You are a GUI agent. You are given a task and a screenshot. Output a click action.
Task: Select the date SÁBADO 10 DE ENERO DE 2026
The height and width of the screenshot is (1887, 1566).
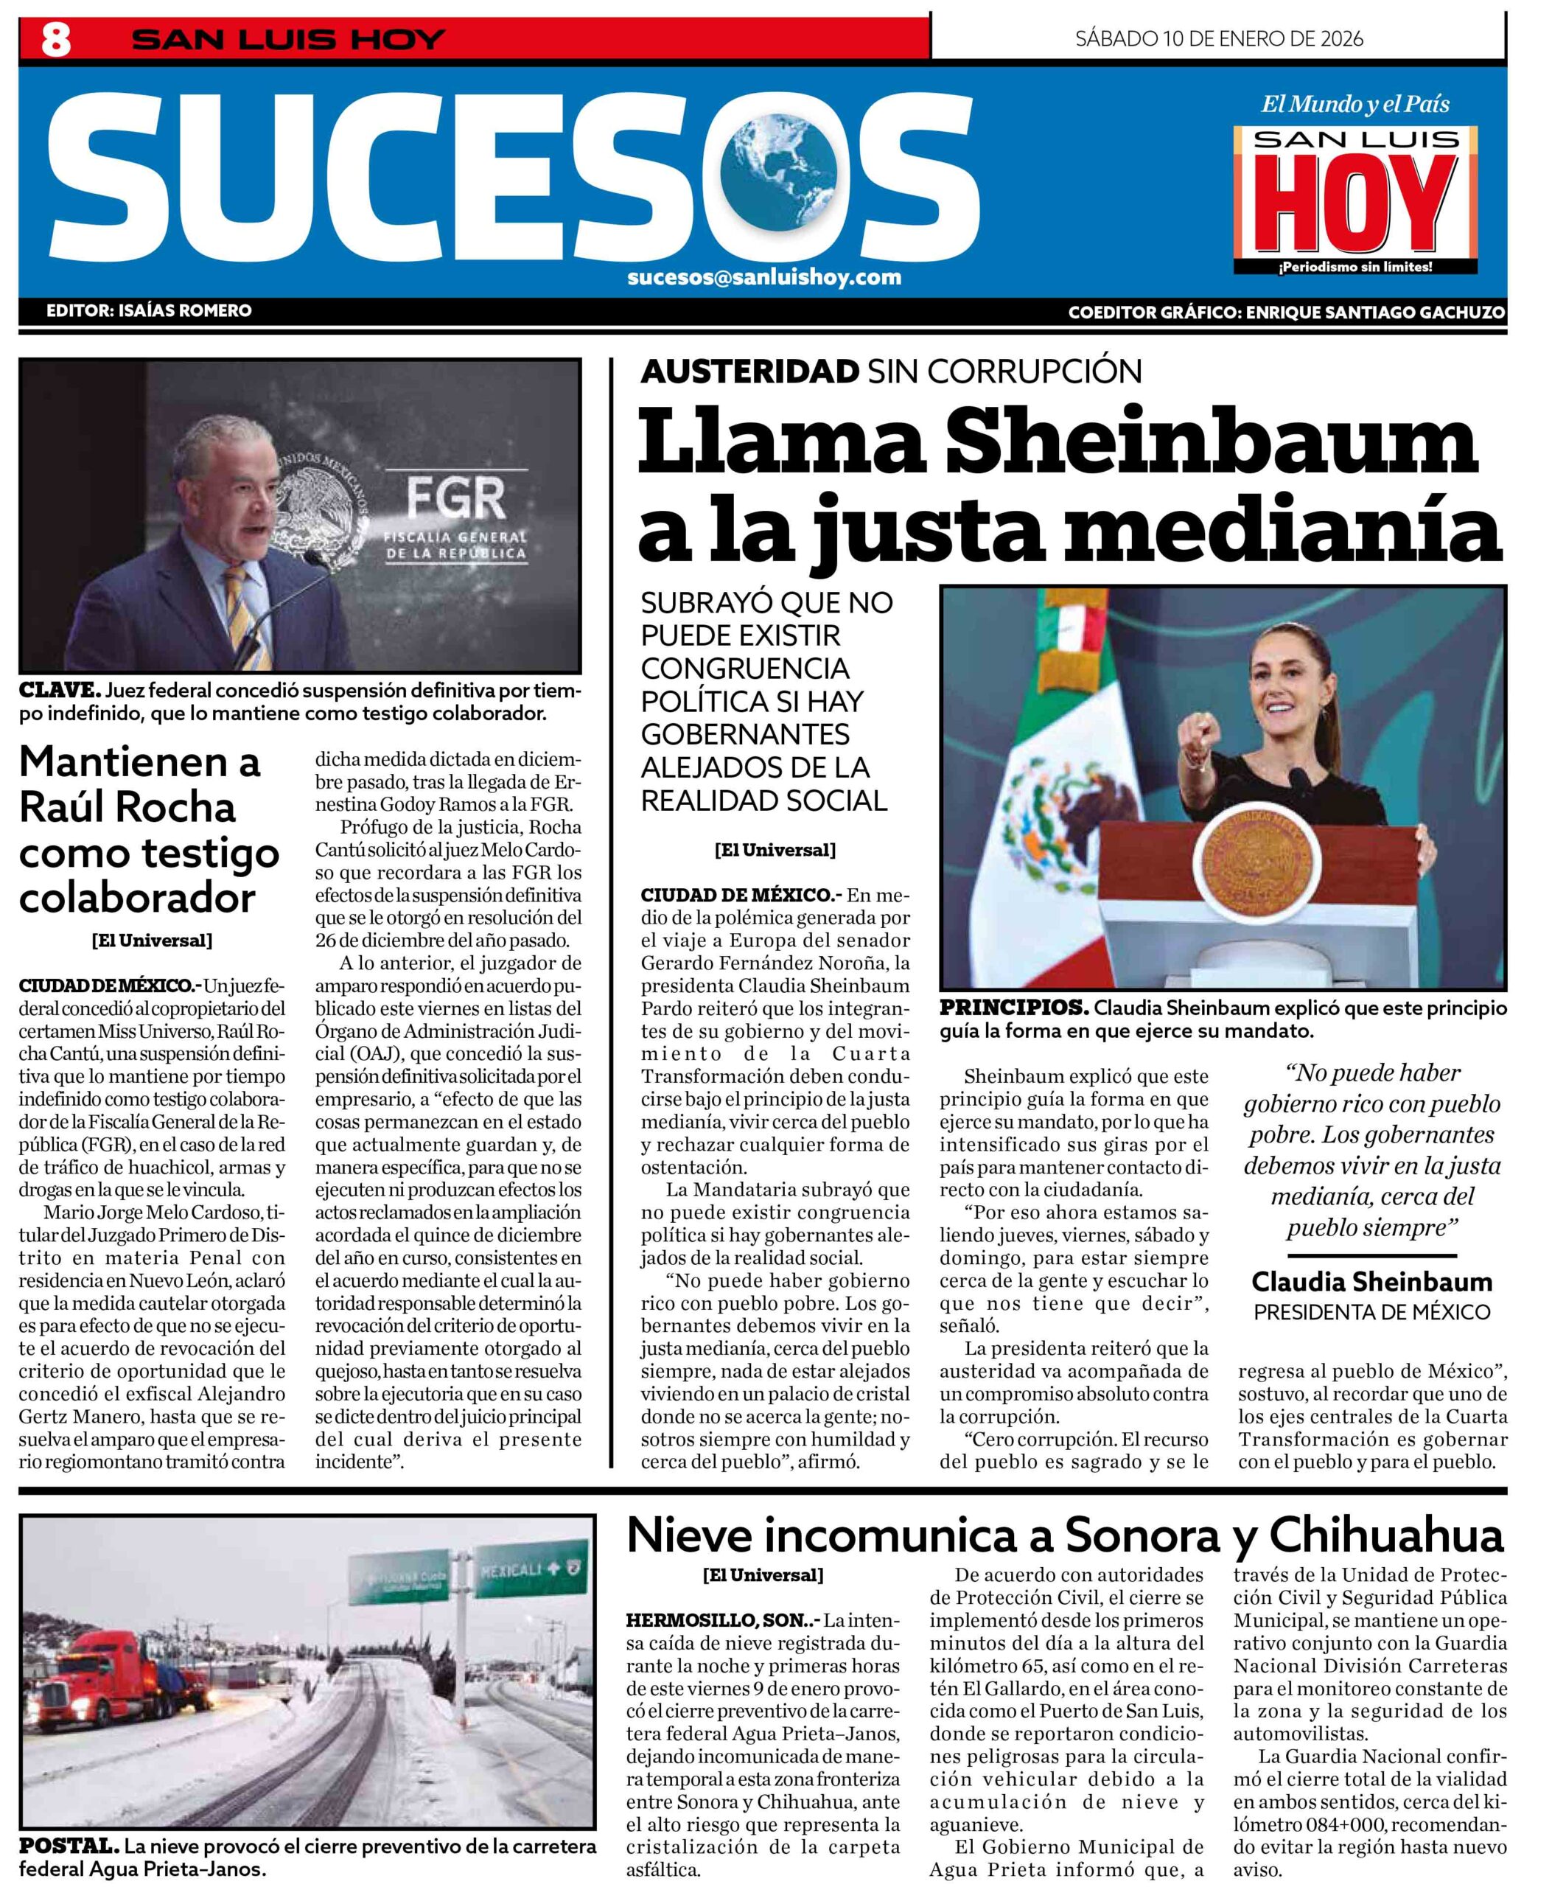pyautogui.click(x=1218, y=38)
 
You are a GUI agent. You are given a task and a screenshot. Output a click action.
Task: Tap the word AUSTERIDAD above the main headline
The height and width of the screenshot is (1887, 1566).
pyautogui.click(x=749, y=370)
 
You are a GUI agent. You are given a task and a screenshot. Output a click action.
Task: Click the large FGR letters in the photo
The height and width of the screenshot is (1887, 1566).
pyautogui.click(x=455, y=499)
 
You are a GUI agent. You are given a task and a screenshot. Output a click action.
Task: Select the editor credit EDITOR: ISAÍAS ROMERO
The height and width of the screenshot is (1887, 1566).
pyautogui.click(x=149, y=311)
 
